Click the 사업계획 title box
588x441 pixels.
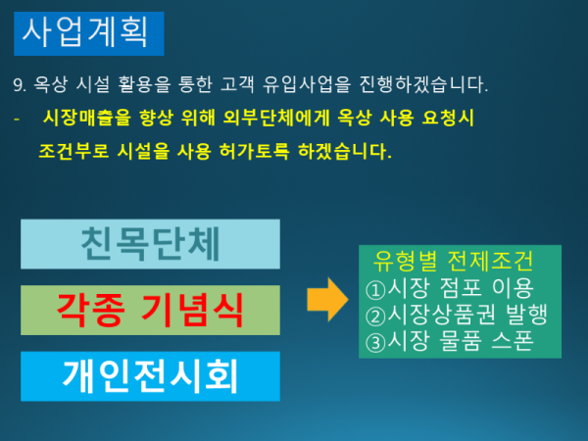pos(89,33)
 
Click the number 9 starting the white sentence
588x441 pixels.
pos(17,85)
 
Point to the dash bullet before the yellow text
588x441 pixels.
pos(16,120)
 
